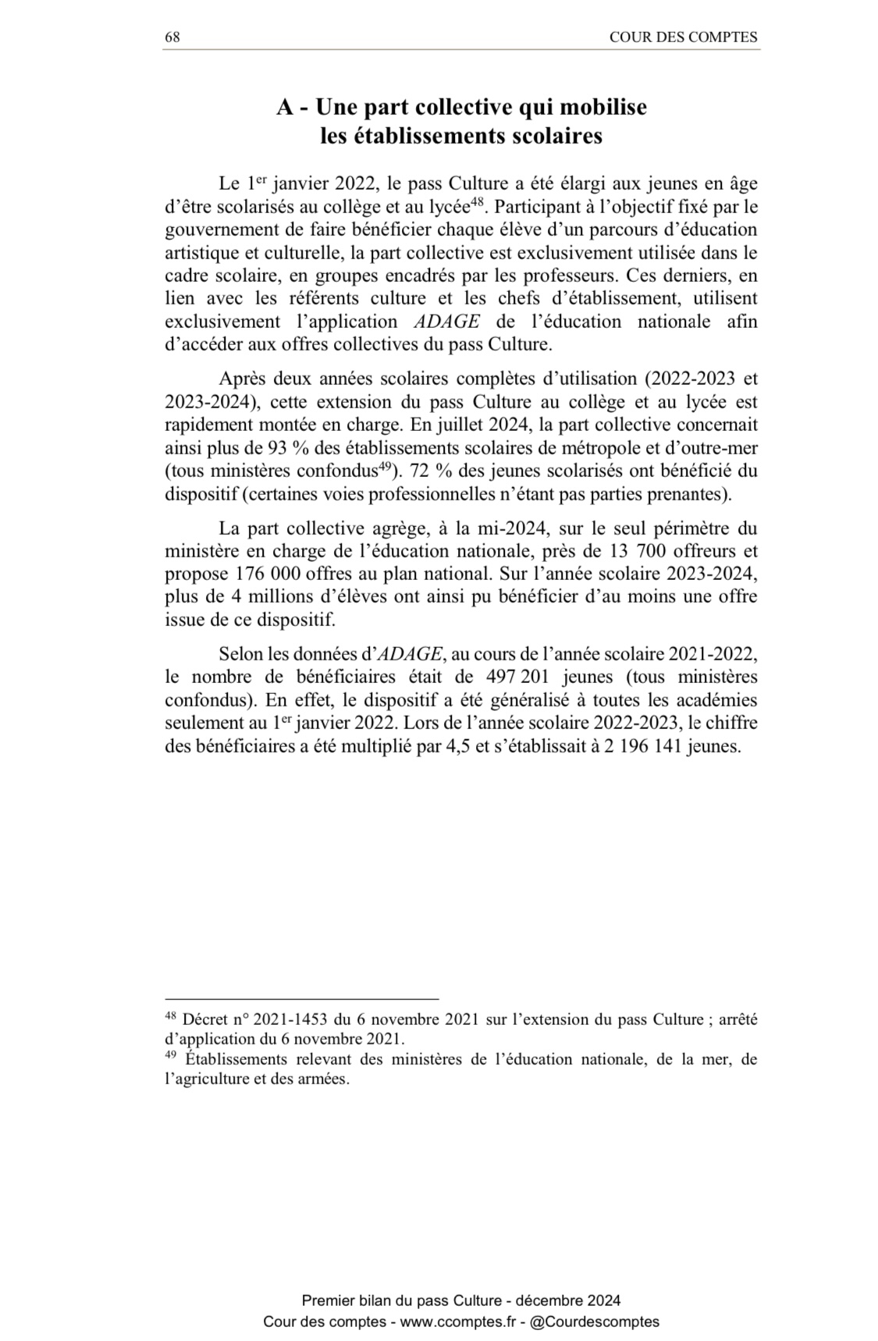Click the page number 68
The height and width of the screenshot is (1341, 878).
[x=172, y=37]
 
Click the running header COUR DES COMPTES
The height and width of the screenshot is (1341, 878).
[x=683, y=37]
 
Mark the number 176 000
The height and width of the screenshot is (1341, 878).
[x=256, y=574]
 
